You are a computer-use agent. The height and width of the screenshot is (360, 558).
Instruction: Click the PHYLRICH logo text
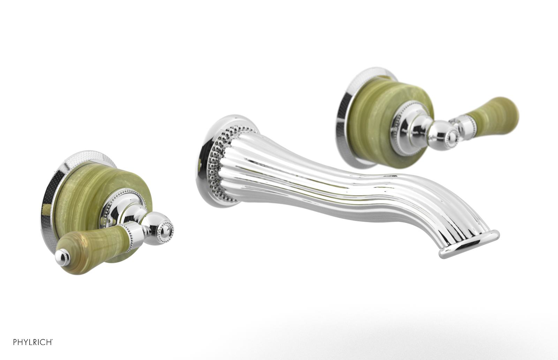tap(33, 342)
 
